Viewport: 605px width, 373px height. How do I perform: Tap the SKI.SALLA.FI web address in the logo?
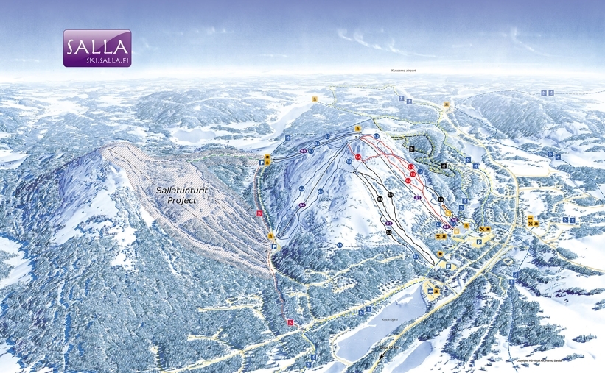click(x=97, y=60)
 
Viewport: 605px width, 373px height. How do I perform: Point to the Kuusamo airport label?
click(x=403, y=71)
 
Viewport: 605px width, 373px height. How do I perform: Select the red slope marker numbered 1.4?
click(x=357, y=157)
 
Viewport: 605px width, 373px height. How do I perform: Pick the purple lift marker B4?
click(x=302, y=205)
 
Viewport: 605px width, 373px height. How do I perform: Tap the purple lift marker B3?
click(x=388, y=221)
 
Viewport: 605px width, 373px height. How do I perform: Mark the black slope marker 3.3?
click(x=388, y=232)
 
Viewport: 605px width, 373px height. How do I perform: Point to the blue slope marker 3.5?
click(x=340, y=244)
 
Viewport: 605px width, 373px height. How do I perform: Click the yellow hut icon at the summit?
click(x=357, y=129)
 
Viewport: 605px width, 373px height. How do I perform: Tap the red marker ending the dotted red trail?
click(x=290, y=322)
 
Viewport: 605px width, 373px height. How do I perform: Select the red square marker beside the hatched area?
click(x=259, y=213)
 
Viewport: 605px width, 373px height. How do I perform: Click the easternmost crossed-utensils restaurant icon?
click(x=537, y=222)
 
